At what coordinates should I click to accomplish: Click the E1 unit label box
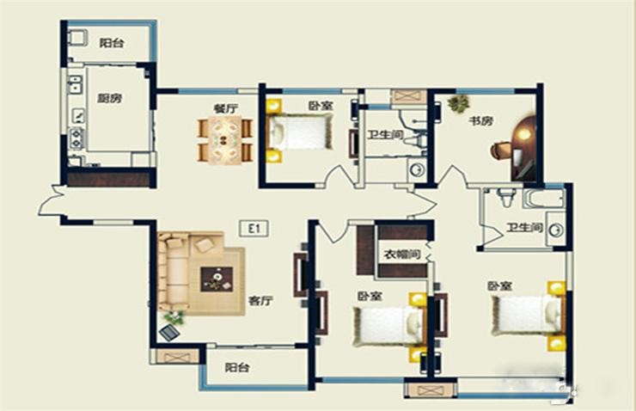pyautogui.click(x=254, y=229)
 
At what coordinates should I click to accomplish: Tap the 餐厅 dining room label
pyautogui.click(x=226, y=108)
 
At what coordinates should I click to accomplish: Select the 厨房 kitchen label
pyautogui.click(x=110, y=98)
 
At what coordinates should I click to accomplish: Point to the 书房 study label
pyautogui.click(x=480, y=120)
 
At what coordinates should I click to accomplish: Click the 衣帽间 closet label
pyautogui.click(x=402, y=255)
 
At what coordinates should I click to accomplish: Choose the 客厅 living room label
pyautogui.click(x=260, y=301)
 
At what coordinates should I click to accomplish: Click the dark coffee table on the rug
pyautogui.click(x=217, y=279)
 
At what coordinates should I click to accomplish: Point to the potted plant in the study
pyautogui.click(x=458, y=102)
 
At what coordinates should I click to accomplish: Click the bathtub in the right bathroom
pyautogui.click(x=543, y=199)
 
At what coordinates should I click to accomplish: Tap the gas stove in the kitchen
pyautogui.click(x=76, y=138)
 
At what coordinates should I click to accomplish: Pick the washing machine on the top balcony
pyautogui.click(x=77, y=37)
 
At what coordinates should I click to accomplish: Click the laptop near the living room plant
pyautogui.click(x=169, y=333)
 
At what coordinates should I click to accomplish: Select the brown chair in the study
pyautogui.click(x=501, y=150)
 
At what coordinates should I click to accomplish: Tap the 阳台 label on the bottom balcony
pyautogui.click(x=237, y=367)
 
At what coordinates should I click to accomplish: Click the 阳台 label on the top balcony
pyautogui.click(x=112, y=43)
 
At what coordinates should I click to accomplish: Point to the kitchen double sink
pyautogui.click(x=75, y=84)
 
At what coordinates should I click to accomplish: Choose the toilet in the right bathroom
pyautogui.click(x=505, y=197)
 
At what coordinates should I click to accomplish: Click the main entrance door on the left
pyautogui.click(x=52, y=201)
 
